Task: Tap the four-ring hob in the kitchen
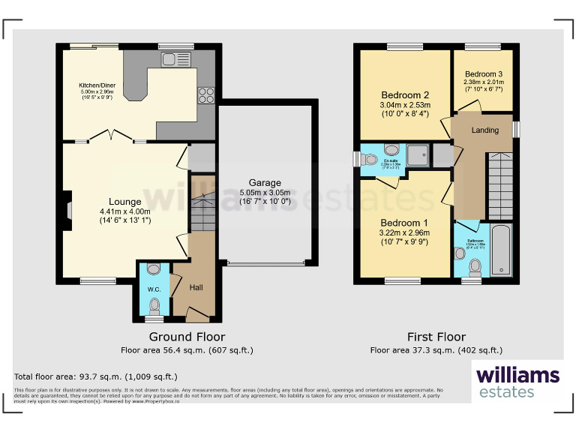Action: point(205,94)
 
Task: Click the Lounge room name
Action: point(124,201)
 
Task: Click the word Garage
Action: point(265,183)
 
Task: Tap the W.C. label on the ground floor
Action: point(153,289)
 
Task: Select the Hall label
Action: point(196,287)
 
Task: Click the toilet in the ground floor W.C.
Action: point(154,304)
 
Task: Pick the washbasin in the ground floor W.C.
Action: point(154,269)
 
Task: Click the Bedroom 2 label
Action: point(405,95)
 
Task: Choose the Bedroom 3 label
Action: point(483,74)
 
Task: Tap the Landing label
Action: point(484,130)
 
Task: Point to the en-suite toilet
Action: point(369,159)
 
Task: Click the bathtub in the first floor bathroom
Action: point(501,250)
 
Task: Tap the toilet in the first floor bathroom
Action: point(473,267)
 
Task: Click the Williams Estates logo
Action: point(517,380)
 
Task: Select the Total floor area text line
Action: point(96,376)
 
